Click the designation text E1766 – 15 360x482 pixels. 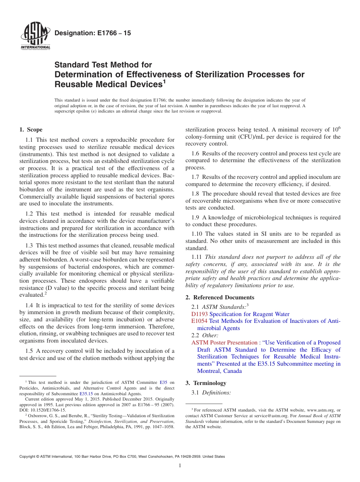coord(93,33)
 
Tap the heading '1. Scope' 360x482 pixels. coord(31,130)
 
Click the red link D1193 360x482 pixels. coord(199,314)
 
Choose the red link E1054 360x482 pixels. coord(199,321)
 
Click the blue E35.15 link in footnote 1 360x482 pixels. coord(86,394)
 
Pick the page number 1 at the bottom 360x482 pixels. coord(180,466)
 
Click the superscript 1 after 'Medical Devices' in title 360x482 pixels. coord(164,81)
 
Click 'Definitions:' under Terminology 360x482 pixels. coord(216,393)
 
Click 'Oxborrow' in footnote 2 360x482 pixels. coord(35,415)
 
